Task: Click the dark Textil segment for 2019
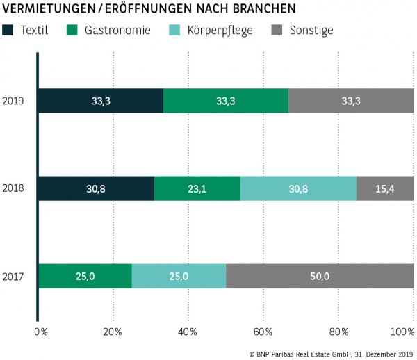[101, 101]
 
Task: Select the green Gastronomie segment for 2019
[225, 101]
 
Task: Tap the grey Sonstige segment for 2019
[351, 101]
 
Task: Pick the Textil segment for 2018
[96, 188]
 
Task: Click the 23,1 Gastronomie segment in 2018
[197, 188]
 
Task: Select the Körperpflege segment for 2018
[298, 188]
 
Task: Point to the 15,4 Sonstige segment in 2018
[385, 188]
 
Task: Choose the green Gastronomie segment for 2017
[85, 276]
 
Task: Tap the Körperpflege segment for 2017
[179, 276]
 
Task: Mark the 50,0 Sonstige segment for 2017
[320, 276]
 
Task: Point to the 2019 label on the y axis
[13, 101]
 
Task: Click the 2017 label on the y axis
[13, 277]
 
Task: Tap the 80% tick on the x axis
[338, 332]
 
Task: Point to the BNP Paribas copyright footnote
[331, 354]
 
